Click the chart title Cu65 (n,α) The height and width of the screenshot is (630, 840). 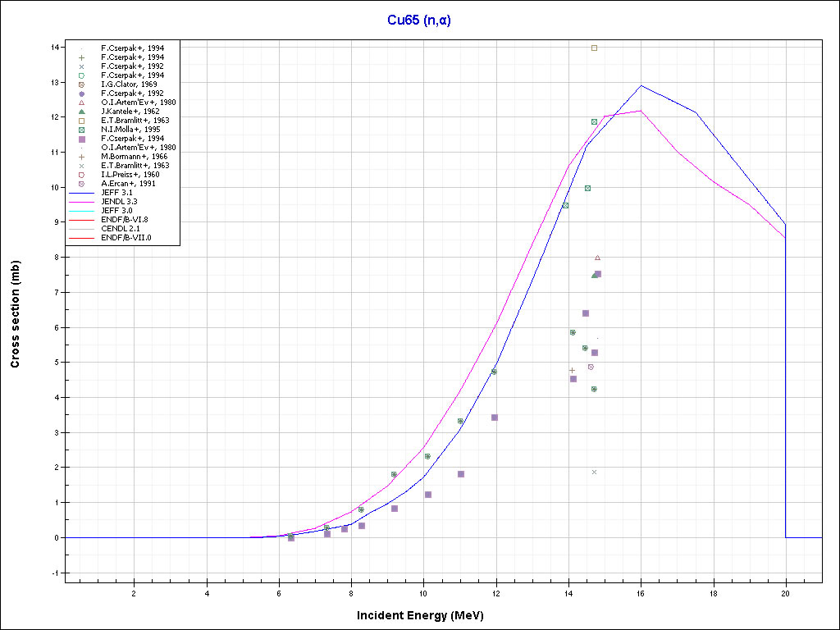click(419, 21)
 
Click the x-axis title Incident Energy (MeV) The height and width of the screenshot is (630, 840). click(426, 615)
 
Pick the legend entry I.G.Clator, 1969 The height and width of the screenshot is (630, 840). click(129, 84)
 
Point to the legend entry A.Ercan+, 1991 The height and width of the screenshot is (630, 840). click(129, 184)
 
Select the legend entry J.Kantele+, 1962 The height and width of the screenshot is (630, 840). click(130, 112)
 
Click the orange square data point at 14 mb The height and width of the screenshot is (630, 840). click(595, 48)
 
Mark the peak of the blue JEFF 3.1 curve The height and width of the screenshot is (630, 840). click(641, 85)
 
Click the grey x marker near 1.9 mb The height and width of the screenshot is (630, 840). click(594, 472)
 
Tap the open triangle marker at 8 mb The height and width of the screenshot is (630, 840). click(597, 258)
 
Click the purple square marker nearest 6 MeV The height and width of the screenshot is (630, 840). click(291, 537)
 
